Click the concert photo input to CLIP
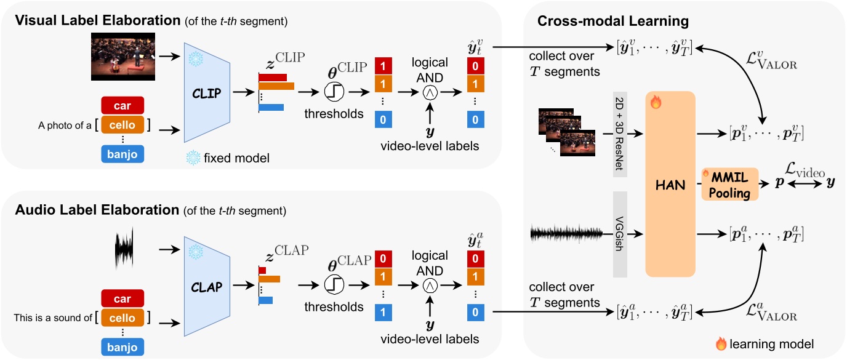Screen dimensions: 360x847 pyautogui.click(x=121, y=57)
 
